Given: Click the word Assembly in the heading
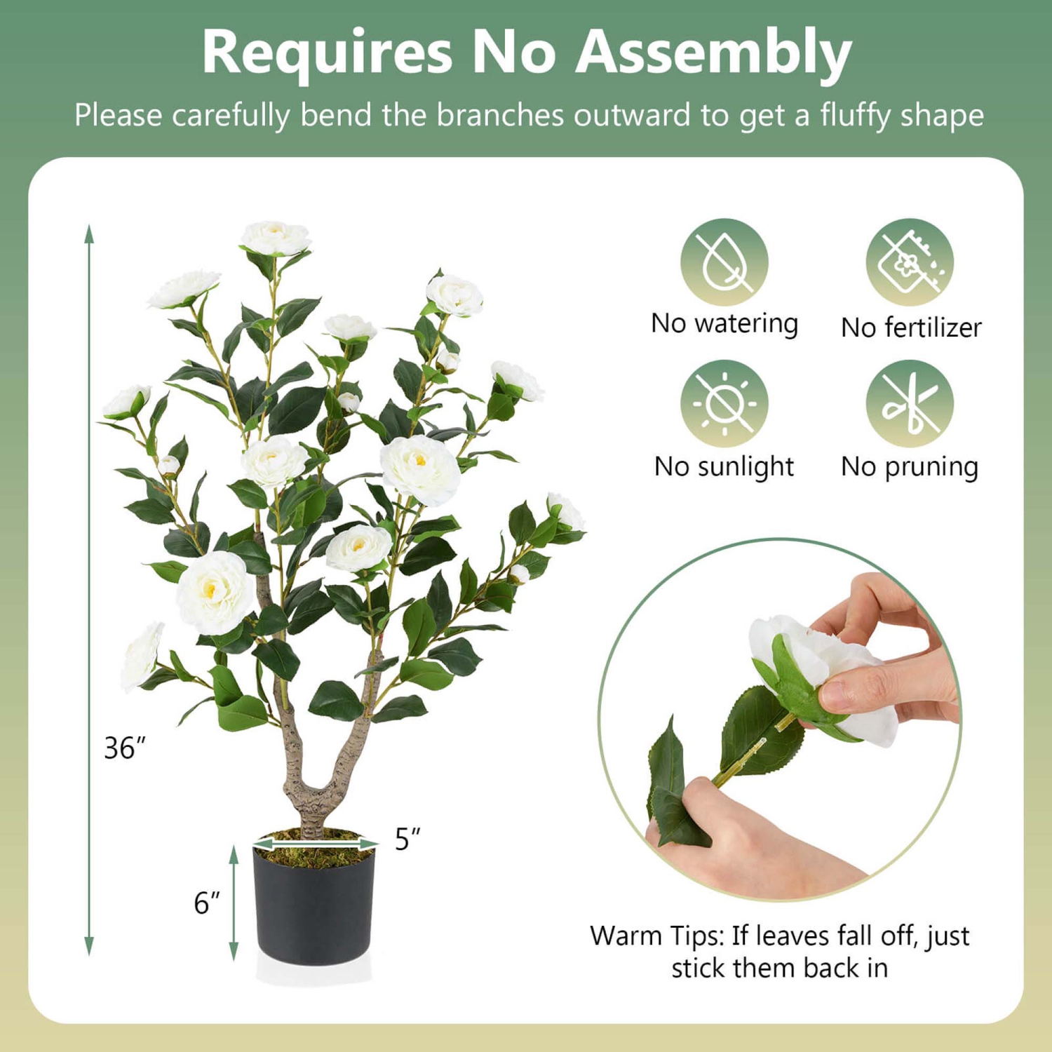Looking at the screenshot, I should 713,53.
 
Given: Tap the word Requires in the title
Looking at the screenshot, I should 327,53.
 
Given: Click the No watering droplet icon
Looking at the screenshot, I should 724,262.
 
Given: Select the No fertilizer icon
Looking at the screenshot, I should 910,262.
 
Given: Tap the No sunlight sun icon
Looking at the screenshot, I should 724,403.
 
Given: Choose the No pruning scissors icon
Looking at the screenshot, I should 910,403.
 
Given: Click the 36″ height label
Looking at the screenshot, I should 124,748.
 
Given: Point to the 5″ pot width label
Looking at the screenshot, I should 407,839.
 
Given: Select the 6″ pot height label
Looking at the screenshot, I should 206,903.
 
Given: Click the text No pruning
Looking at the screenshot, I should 910,466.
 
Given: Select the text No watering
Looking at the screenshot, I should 724,324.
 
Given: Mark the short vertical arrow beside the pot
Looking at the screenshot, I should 234,903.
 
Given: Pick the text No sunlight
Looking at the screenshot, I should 724,466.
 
